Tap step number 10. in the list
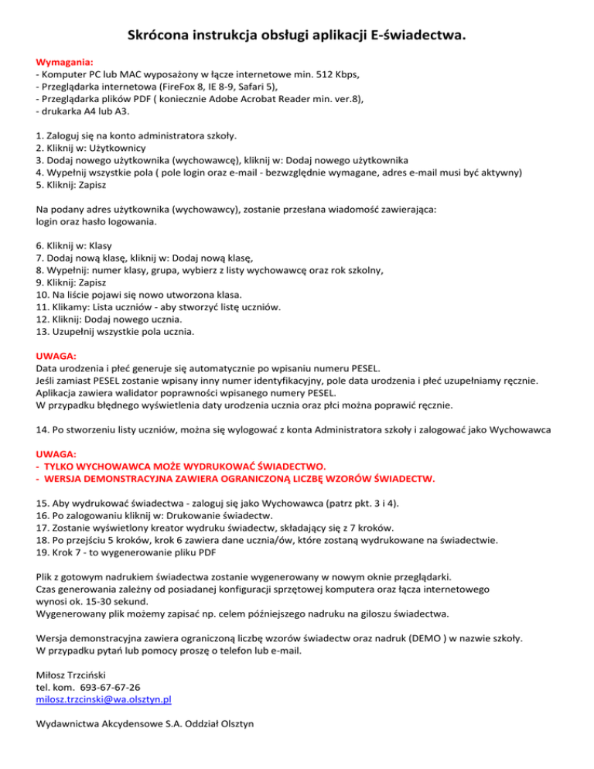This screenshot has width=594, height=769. click(x=45, y=294)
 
